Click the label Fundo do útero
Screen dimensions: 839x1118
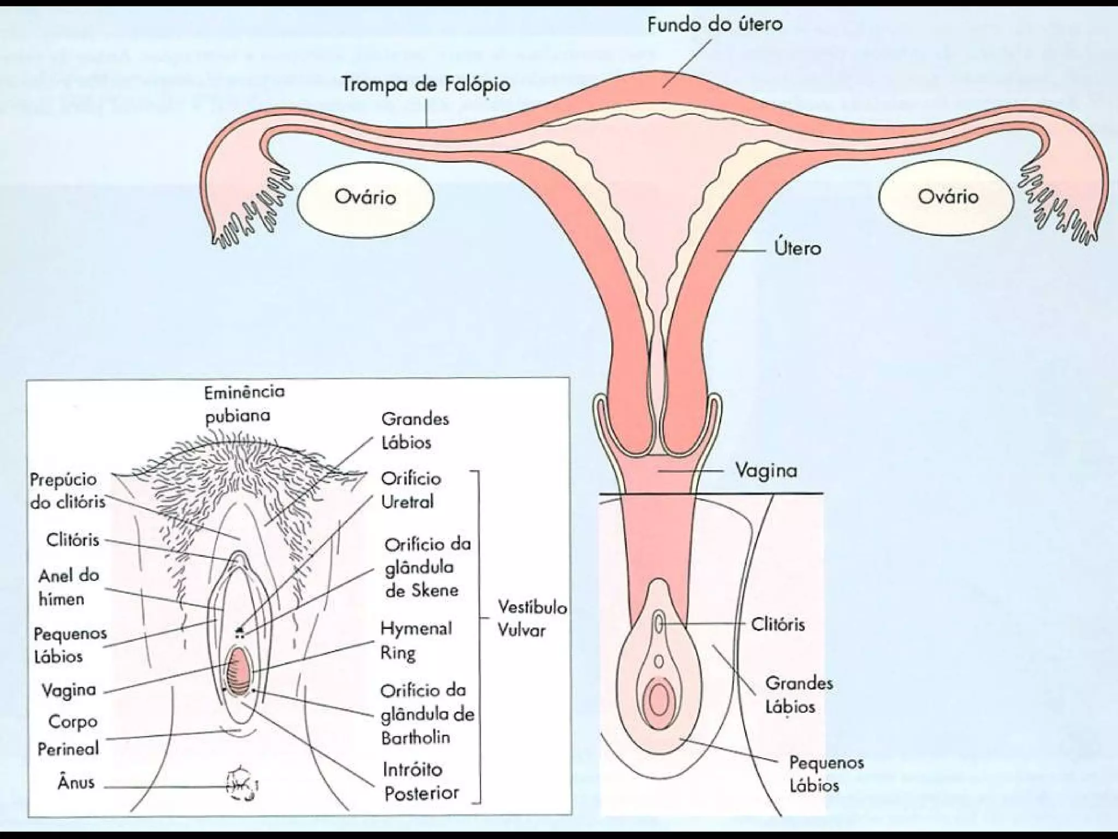point(715,24)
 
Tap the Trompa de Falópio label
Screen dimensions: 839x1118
point(425,84)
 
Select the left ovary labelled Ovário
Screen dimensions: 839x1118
point(365,197)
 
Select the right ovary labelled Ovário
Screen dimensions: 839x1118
point(948,197)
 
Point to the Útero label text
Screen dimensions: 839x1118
point(798,249)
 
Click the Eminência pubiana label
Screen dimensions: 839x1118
point(244,404)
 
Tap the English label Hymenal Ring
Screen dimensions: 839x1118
point(416,640)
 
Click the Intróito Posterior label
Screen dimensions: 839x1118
point(421,781)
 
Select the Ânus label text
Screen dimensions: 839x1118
point(76,782)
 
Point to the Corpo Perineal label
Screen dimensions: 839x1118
point(68,735)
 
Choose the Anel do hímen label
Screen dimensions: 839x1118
point(68,587)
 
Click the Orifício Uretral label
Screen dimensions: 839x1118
point(411,490)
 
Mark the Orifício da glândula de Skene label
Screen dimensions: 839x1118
point(427,567)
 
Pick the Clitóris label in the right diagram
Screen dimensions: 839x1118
point(777,624)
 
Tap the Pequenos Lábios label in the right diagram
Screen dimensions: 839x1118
point(826,773)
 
